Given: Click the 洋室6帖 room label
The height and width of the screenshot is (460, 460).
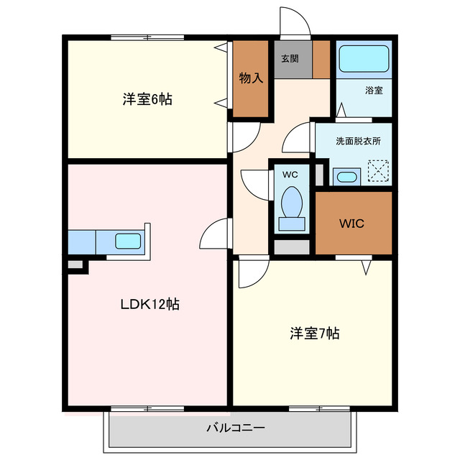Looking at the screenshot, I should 147,100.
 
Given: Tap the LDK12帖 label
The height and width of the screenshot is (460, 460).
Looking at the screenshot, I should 149,304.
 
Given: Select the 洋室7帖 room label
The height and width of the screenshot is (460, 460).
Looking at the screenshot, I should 315,333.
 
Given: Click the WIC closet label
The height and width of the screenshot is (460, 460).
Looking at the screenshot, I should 352,224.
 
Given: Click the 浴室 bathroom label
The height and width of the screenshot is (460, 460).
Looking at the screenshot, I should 374,91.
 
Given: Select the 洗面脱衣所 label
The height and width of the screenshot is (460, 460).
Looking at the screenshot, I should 358,141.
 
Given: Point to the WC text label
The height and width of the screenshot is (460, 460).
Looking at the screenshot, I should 290,175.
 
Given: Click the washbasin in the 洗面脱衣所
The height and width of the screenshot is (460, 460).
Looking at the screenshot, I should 347,177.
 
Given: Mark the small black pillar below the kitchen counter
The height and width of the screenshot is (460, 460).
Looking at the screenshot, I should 75,265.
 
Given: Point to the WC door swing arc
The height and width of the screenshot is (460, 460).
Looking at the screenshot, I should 253,183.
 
